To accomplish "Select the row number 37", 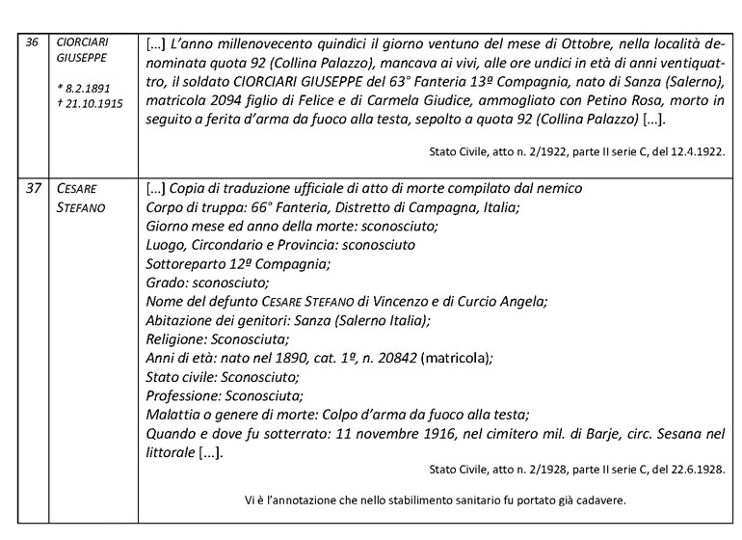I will click(x=30, y=187).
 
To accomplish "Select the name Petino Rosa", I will click(x=541, y=101).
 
